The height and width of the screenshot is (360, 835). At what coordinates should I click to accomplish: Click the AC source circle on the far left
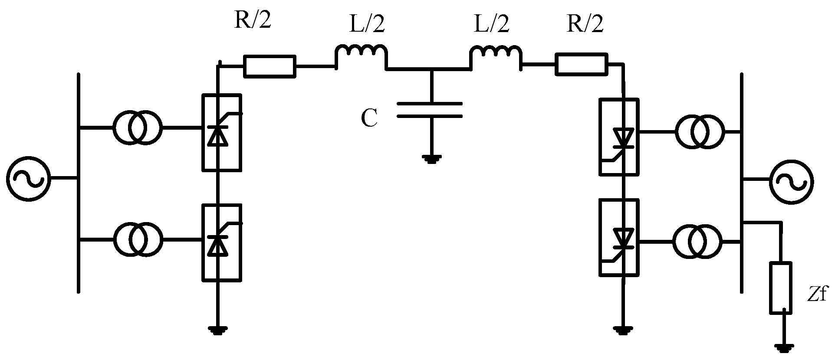[x=28, y=178]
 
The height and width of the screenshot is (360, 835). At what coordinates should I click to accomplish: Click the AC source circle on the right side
[x=791, y=182]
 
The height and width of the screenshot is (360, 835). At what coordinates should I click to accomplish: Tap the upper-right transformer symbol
[x=699, y=131]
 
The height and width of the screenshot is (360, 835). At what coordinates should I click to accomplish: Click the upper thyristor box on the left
[x=221, y=132]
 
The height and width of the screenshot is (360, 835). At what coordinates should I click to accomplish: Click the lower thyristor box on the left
[x=221, y=243]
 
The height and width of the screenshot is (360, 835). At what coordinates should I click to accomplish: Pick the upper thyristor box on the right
[x=619, y=137]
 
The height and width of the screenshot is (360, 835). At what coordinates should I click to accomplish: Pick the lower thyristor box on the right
[x=619, y=237]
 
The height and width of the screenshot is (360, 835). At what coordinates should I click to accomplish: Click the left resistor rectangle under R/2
[x=270, y=66]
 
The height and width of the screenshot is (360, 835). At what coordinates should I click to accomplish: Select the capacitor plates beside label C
[x=430, y=110]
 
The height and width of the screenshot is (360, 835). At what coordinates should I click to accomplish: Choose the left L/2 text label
[x=367, y=25]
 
